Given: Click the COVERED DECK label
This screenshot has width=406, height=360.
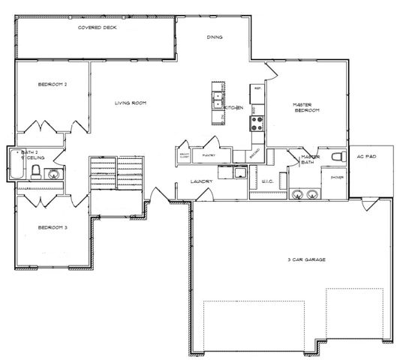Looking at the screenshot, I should point(98,28).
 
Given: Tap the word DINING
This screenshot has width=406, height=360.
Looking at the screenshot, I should point(215,37).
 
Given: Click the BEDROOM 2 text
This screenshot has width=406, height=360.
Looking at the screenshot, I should point(53,85).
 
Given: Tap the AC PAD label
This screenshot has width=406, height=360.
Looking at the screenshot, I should point(366,157).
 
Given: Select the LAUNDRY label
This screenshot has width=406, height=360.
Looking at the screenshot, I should point(203,181).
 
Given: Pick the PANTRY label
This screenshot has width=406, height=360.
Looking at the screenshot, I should point(209,155).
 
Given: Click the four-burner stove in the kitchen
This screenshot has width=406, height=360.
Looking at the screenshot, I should point(257,124).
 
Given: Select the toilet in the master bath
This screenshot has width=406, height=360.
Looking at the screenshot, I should point(338,156).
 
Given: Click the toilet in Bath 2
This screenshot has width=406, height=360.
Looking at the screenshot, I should point(35,173).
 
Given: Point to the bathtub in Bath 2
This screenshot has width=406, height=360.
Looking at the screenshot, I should point(16,164).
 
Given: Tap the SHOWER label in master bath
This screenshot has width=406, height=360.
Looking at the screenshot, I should point(331,177).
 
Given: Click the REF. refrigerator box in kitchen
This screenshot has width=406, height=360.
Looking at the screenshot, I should point(257,89).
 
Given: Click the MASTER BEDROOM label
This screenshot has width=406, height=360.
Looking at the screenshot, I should point(307,107).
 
